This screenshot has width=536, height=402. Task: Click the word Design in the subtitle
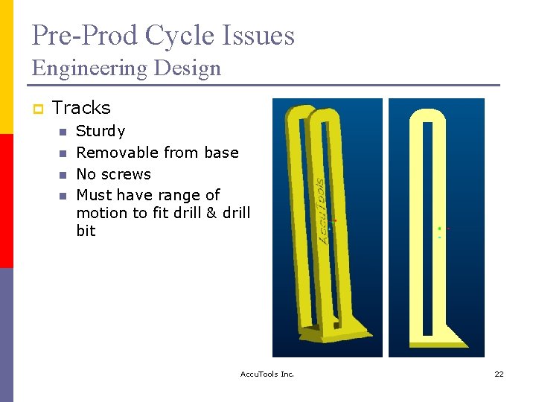coord(194,68)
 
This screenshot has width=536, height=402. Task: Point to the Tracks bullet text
coord(81,108)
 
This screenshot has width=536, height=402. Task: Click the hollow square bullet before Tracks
coord(37,109)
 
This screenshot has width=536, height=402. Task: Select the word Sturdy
coord(100,131)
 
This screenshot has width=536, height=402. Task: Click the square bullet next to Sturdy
coord(63,133)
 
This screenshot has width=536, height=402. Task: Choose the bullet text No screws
coord(113,174)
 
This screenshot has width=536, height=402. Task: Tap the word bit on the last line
coord(86,231)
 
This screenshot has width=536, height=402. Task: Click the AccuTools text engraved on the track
coord(322,210)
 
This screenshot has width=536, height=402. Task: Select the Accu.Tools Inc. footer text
coord(267,374)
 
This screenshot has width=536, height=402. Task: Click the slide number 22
coord(499,374)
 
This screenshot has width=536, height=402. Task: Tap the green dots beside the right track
coord(439,232)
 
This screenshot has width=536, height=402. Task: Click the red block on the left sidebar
coord(7,201)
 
